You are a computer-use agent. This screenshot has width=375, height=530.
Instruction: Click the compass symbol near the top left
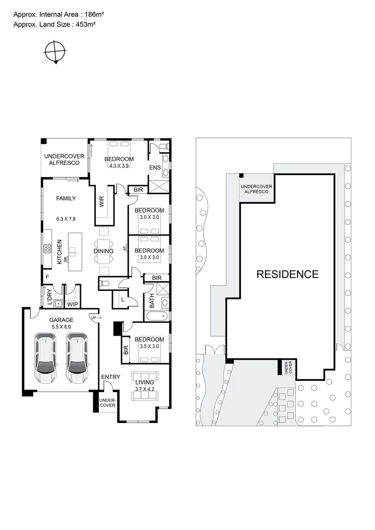[55, 51]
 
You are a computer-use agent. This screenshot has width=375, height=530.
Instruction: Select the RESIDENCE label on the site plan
[287, 274]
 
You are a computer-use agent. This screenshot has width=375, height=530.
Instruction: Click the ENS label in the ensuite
[155, 168]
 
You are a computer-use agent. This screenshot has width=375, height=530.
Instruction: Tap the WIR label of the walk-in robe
[102, 202]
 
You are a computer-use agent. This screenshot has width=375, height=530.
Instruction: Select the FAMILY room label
[66, 198]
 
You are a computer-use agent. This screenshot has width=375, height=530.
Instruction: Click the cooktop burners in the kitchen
[48, 248]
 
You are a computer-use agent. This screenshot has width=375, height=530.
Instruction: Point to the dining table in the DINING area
[104, 251]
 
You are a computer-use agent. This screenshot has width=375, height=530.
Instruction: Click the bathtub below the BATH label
[157, 316]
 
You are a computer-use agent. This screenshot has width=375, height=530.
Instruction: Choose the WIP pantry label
[73, 304]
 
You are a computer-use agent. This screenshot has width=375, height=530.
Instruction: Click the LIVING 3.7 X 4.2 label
[144, 386]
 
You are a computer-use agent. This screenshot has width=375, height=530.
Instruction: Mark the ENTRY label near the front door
[110, 377]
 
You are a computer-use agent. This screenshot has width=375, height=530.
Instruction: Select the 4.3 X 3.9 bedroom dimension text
[118, 166]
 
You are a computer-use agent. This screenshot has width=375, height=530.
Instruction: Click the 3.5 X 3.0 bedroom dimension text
[149, 346]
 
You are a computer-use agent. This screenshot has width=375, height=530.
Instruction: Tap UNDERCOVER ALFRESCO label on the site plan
[254, 188]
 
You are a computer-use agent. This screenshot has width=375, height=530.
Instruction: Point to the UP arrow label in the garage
[95, 318]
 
